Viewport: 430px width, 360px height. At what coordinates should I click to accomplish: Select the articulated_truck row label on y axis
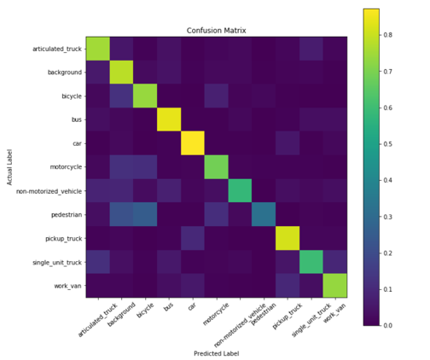pyautogui.click(x=57, y=49)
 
